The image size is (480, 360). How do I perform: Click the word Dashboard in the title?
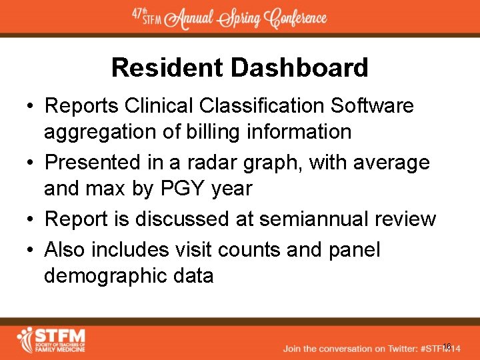coord(299,68)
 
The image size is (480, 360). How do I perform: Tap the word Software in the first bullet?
coord(373,105)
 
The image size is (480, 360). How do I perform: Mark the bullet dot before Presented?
coord(31,162)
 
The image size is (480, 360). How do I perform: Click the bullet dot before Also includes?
coord(31,249)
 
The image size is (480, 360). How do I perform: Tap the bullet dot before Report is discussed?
coord(31,219)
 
